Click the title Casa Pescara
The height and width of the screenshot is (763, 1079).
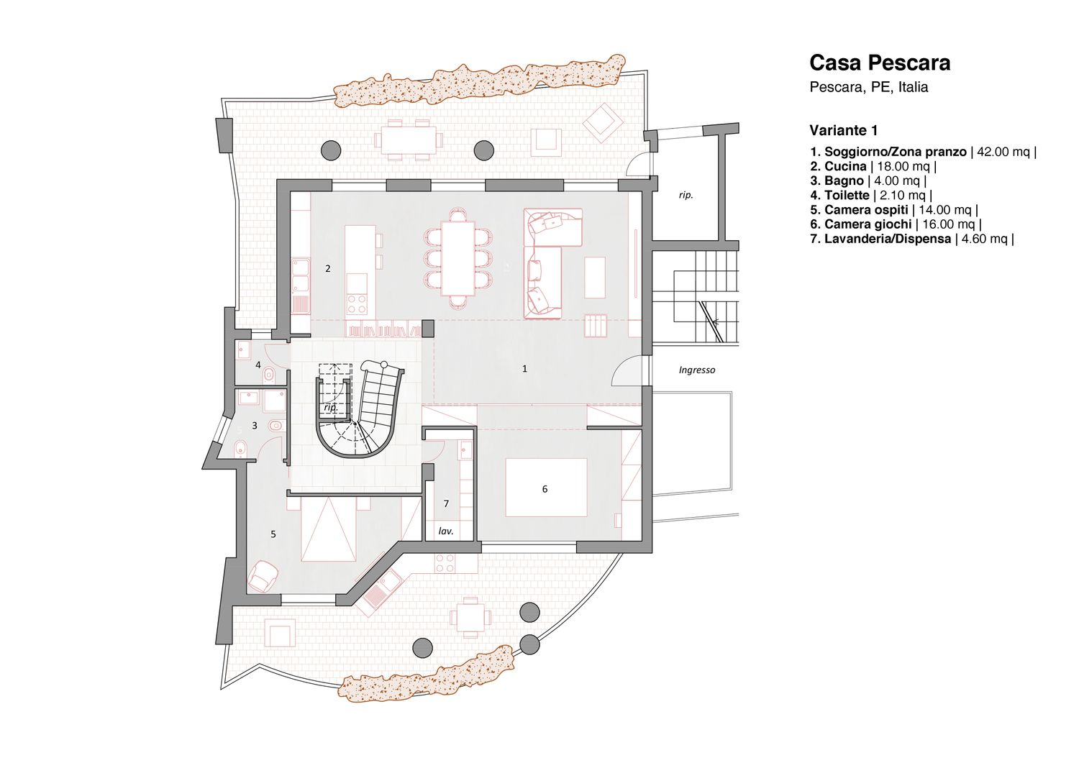point(880,63)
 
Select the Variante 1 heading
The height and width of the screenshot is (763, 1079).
point(844,131)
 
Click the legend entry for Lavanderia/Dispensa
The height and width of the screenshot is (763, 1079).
point(912,239)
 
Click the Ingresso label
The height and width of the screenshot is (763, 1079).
point(697,370)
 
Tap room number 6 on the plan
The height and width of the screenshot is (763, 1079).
point(545,489)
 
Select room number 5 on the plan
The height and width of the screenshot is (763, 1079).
point(273,534)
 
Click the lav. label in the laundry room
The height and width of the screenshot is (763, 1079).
point(446,531)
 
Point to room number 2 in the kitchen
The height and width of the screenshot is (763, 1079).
point(328,268)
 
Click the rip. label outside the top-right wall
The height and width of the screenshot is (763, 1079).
point(686,195)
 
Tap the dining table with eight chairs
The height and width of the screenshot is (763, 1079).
point(458,257)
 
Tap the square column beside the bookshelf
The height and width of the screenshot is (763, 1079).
point(428,328)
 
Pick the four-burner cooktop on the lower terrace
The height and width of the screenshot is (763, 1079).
point(445,562)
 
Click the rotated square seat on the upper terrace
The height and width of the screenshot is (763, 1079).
point(601,124)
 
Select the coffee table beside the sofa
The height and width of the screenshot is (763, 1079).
point(595,278)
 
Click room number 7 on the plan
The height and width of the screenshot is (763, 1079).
point(446,503)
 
